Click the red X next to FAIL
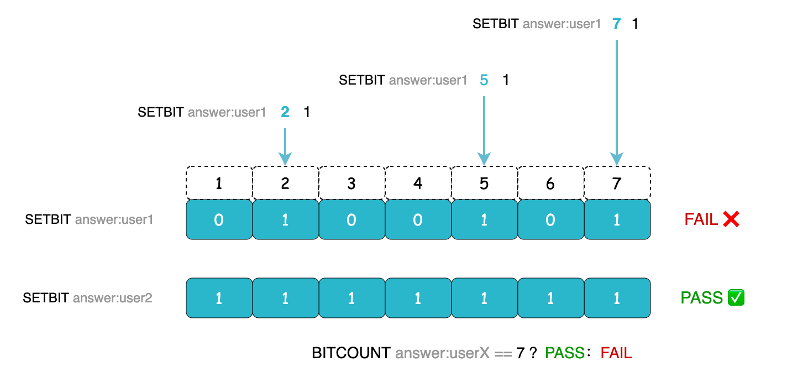click(731, 220)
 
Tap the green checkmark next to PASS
click(737, 298)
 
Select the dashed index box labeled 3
click(351, 183)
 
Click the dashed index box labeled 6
click(550, 183)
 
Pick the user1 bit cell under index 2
click(285, 220)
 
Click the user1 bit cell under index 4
click(418, 220)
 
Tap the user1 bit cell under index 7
click(617, 220)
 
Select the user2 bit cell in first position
click(219, 298)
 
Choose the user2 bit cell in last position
click(617, 298)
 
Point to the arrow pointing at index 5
click(484, 130)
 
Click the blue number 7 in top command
click(617, 24)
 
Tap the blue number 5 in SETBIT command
click(484, 80)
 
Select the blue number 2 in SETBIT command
click(285, 112)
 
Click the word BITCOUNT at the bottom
click(351, 353)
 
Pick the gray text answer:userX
click(442, 353)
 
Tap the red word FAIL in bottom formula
click(616, 353)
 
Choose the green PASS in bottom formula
click(564, 353)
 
